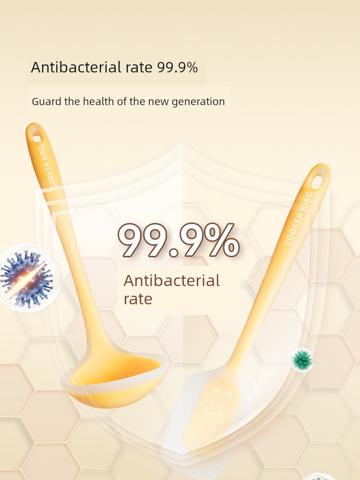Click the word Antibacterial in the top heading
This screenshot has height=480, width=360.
click(76, 67)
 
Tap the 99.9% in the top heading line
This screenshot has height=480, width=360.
click(178, 67)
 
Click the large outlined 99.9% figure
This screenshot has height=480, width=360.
click(179, 240)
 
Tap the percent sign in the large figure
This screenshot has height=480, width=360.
click(222, 240)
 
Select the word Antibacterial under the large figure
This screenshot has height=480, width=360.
click(171, 280)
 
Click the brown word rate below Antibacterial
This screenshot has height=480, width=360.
click(138, 299)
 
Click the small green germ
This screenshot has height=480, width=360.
click(302, 360)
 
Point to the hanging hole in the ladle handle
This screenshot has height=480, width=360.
click(37, 139)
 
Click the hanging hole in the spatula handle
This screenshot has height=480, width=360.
click(318, 180)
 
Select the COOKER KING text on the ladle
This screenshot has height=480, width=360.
click(47, 166)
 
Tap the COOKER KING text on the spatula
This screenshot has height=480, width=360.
click(299, 217)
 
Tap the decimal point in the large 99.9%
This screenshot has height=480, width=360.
click(174, 252)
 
